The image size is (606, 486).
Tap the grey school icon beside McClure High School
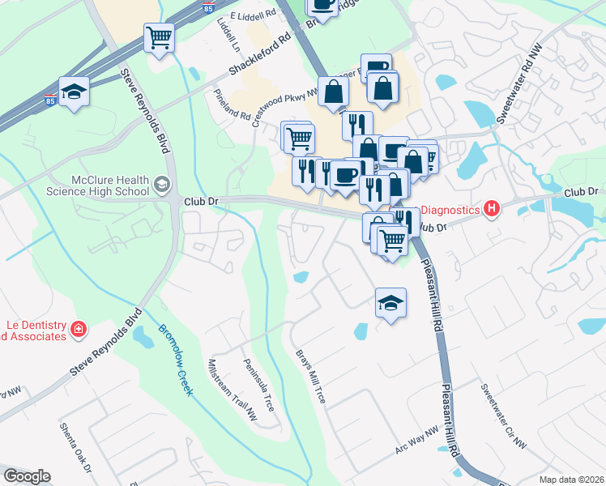pos(162,185)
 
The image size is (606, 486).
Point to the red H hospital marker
pos(491,210)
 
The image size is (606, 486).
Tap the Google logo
pos(27,476)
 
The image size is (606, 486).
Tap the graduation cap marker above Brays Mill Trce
pos(391,304)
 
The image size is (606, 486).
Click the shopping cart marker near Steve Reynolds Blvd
pos(159,36)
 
